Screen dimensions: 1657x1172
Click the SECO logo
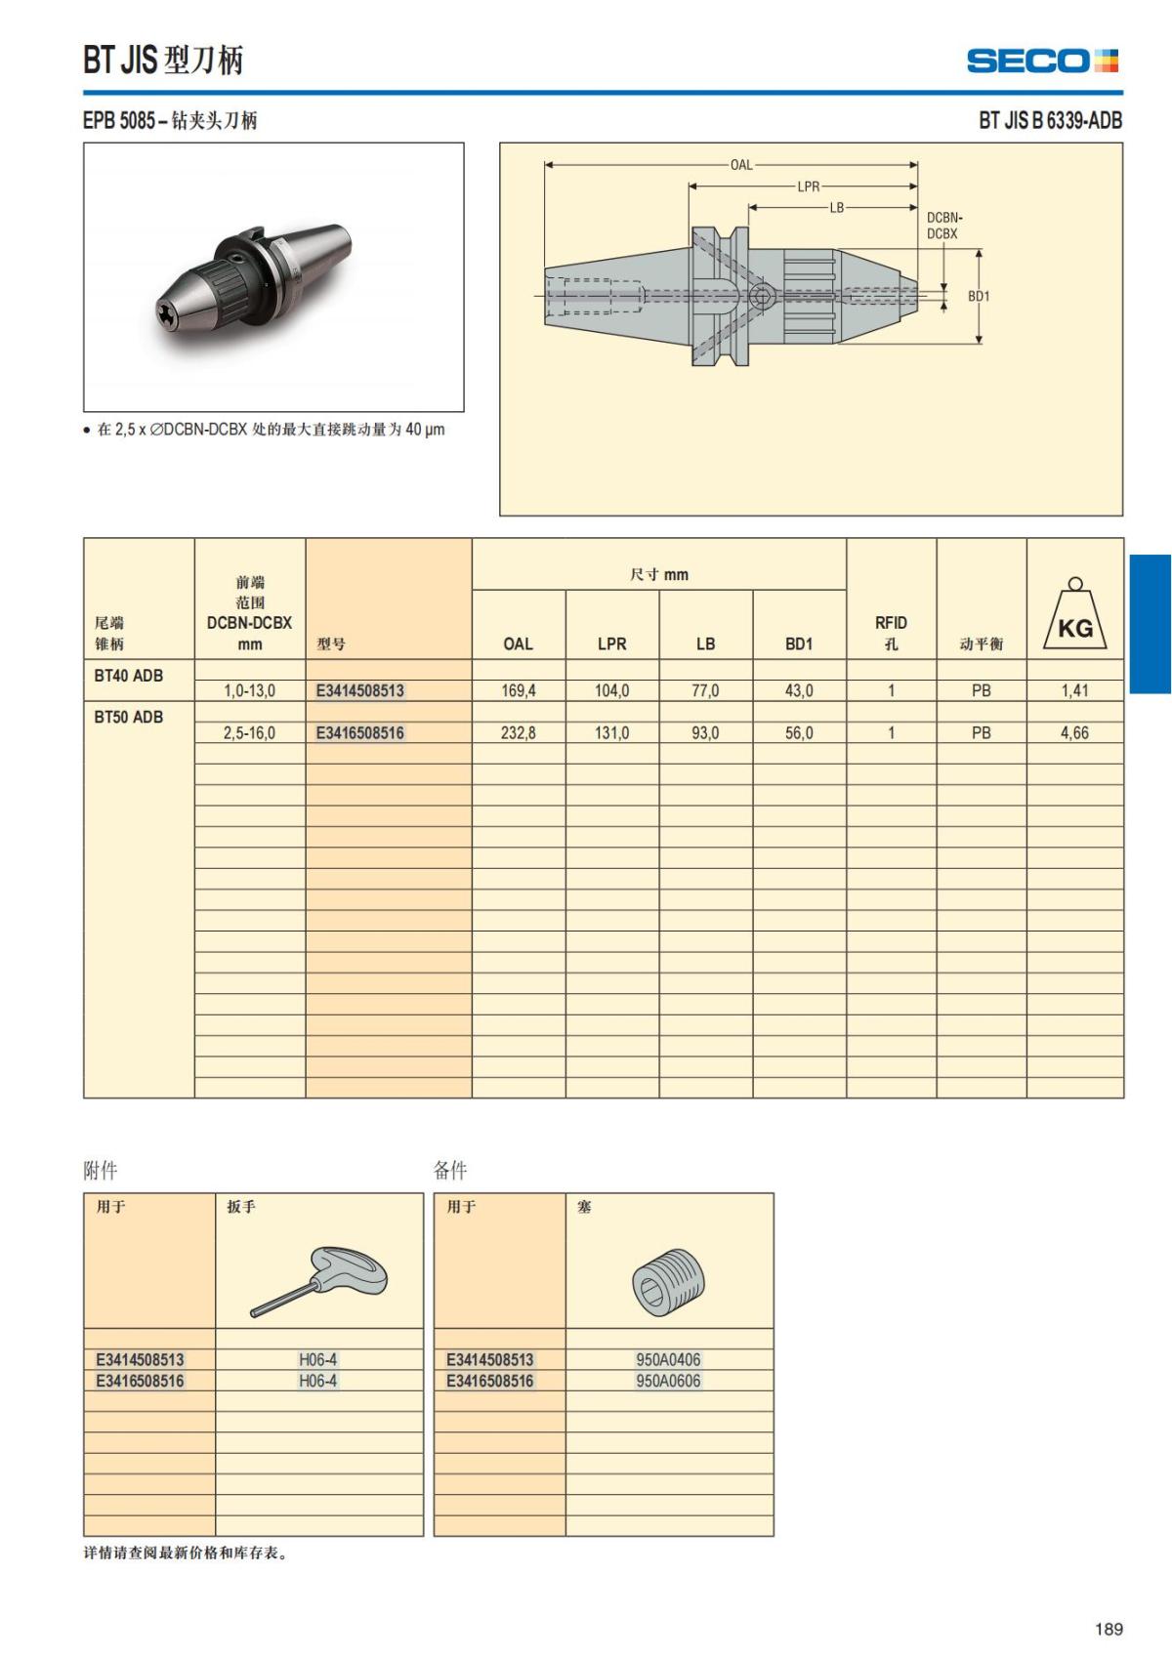(x=1041, y=61)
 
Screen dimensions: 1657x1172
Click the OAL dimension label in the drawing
(x=741, y=165)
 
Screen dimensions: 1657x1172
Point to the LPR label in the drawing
(x=808, y=186)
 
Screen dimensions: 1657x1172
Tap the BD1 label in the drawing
(x=978, y=296)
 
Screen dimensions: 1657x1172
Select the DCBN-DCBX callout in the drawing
(x=942, y=226)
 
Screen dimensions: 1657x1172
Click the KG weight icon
(x=1074, y=616)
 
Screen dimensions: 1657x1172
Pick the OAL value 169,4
(x=518, y=690)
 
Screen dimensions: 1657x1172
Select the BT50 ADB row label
(x=129, y=717)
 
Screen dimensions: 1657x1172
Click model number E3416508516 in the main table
(x=359, y=732)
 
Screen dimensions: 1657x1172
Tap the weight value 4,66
(x=1073, y=732)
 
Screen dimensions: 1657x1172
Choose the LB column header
(x=705, y=643)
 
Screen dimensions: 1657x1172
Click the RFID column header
(x=890, y=632)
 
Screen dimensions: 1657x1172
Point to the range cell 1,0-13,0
(x=249, y=690)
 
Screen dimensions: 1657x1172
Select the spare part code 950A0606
(x=668, y=1381)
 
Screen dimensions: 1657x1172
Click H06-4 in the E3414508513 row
(x=317, y=1359)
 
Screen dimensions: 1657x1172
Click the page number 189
(x=1108, y=1629)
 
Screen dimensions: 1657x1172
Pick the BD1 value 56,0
(x=798, y=732)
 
